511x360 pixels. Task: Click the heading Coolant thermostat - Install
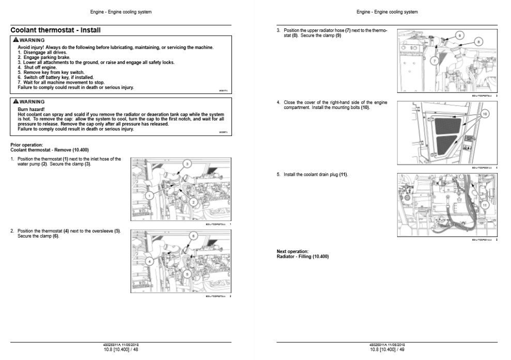pyautogui.click(x=55, y=30)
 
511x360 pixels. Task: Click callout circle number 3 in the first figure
pyautogui.click(x=187, y=163)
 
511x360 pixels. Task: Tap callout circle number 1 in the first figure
pyautogui.click(x=149, y=196)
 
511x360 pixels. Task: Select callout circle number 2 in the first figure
pyautogui.click(x=193, y=202)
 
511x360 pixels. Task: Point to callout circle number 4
pyautogui.click(x=149, y=261)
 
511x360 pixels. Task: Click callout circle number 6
pyautogui.click(x=193, y=236)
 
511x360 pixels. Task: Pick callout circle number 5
pyautogui.click(x=187, y=274)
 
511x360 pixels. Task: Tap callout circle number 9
pyautogui.click(x=459, y=35)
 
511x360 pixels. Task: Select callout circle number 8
pyautogui.click(x=478, y=42)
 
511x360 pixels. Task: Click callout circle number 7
pyautogui.click(x=435, y=61)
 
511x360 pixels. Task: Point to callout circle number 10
pyautogui.click(x=484, y=113)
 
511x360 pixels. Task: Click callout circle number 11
pyautogui.click(x=484, y=205)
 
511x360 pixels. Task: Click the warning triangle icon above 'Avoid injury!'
pyautogui.click(x=16, y=40)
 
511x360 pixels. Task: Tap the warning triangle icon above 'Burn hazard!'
pyautogui.click(x=16, y=102)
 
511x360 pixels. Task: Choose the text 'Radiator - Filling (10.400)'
pyautogui.click(x=302, y=257)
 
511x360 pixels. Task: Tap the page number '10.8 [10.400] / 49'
pyautogui.click(x=387, y=350)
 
